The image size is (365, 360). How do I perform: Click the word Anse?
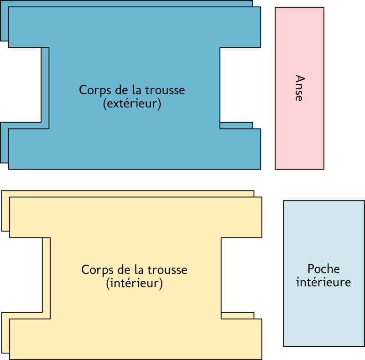pos(300,88)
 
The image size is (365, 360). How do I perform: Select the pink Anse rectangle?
pos(299,88)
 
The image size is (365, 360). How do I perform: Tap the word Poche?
pos(323,269)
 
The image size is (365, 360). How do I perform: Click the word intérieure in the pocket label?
pos(323,282)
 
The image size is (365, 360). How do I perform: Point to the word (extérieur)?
pos(132,103)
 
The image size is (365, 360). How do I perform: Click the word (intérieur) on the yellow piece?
pos(134,283)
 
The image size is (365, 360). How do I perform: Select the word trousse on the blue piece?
pos(165,90)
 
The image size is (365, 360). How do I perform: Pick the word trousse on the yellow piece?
pos(167,270)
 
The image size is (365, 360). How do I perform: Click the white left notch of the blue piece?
pos(21,85)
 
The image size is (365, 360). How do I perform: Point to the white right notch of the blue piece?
pos(240,85)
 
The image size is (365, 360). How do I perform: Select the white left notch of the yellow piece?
pos(21,275)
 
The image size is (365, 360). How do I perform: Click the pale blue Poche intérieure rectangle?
pos(324,273)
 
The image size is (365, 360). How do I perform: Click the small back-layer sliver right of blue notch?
pos(236,125)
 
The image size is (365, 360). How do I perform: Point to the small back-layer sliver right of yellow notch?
pos(237,316)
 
